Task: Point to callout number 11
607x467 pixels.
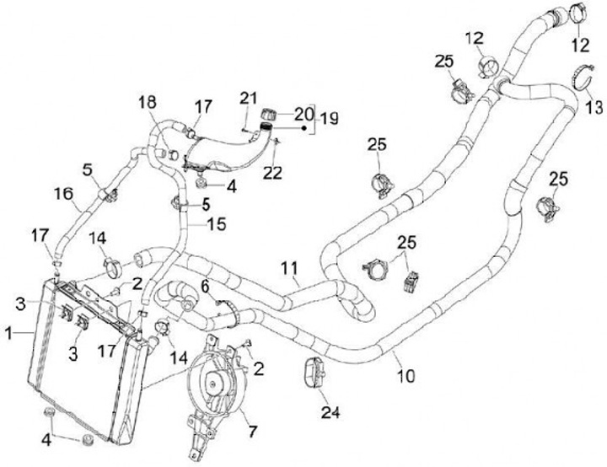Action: coord(289,270)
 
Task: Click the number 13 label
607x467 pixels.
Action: coord(594,108)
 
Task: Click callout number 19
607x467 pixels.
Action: coord(328,121)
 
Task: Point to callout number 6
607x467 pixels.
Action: coord(204,287)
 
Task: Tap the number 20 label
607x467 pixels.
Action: coord(302,113)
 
